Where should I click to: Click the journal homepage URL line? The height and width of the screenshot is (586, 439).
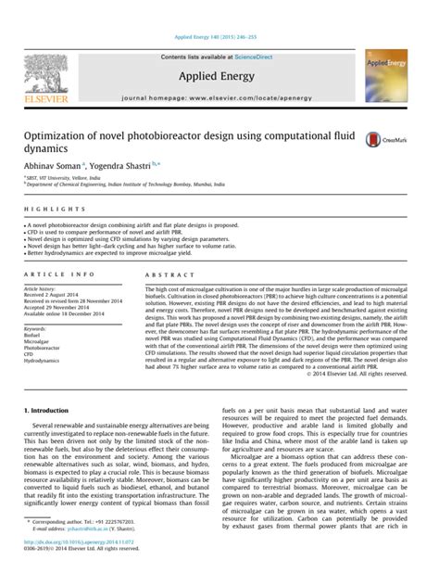click(x=219, y=96)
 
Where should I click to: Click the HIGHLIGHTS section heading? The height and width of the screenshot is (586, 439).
click(x=44, y=210)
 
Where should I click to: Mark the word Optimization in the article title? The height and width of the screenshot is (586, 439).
click(x=58, y=135)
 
